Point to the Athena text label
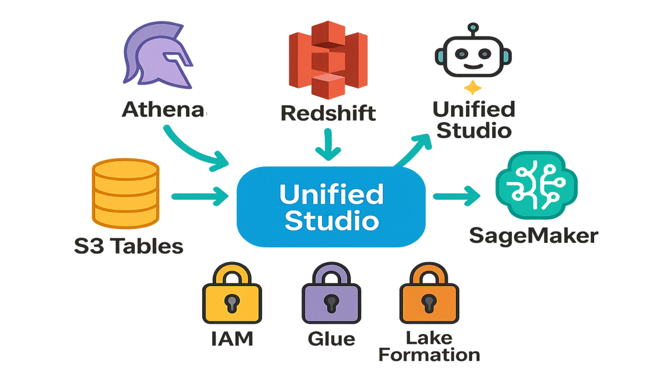[x=162, y=110]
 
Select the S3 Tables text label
[x=129, y=245]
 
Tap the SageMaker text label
[x=533, y=235]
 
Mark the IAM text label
[x=232, y=338]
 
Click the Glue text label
[x=330, y=339]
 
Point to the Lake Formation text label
[x=430, y=347]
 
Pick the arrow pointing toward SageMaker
[x=456, y=196]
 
